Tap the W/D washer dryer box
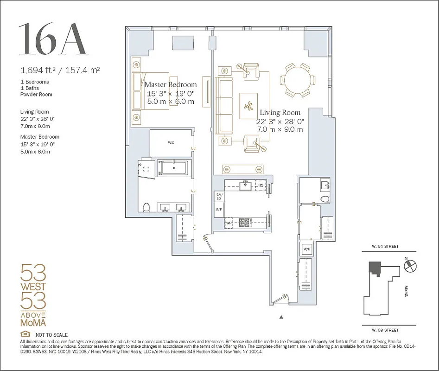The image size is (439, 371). pos(306,249)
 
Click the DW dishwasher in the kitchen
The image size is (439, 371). pos(261,185)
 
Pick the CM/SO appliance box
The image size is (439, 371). pos(219,196)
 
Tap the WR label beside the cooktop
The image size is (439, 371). pos(229,223)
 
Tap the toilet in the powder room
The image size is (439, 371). pos(324,199)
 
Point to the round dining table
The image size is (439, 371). pos(297,80)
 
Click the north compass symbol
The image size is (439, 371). pos(410,266)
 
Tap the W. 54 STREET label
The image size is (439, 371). pos(385,246)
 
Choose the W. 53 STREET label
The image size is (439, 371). pos(385,330)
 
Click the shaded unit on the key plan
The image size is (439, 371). pos(374,269)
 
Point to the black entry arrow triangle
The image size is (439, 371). pos(281,317)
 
